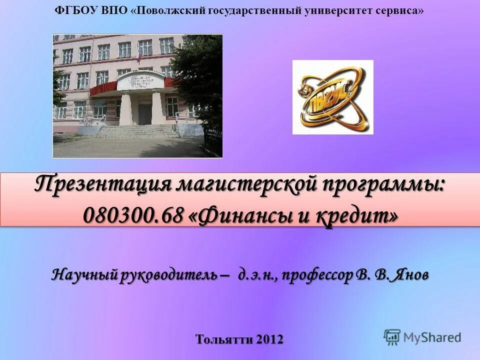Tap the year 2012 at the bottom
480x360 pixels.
click(270, 339)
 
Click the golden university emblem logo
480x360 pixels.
click(332, 97)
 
